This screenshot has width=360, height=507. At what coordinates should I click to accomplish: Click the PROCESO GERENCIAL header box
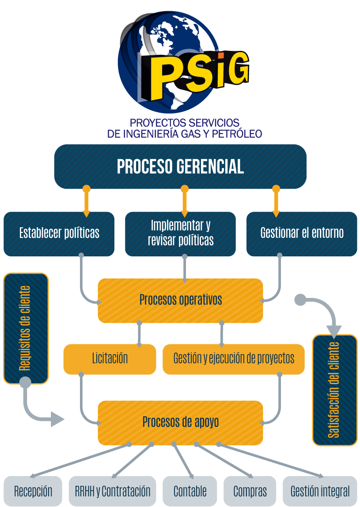(180, 167)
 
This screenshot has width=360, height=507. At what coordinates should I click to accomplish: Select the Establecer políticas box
(59, 233)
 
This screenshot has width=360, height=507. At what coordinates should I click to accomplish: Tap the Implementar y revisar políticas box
(180, 233)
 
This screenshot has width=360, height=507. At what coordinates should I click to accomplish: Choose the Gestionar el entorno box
(302, 233)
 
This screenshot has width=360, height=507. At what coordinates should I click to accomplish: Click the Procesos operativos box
(180, 300)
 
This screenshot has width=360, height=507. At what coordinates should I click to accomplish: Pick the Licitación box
(110, 358)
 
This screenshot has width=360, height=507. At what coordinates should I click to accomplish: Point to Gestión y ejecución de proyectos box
(234, 358)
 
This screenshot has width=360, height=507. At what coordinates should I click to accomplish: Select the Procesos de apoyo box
(180, 422)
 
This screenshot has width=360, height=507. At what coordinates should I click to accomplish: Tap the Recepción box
(33, 491)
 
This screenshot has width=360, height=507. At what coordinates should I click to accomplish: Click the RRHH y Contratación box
(113, 491)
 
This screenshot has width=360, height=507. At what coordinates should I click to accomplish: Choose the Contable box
(190, 491)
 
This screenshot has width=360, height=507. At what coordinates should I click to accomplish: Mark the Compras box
(250, 491)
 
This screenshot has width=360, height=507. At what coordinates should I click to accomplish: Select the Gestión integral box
(320, 491)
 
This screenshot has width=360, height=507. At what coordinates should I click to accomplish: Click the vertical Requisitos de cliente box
(26, 328)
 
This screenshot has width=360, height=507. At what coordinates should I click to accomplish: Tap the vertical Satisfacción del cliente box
(334, 390)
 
